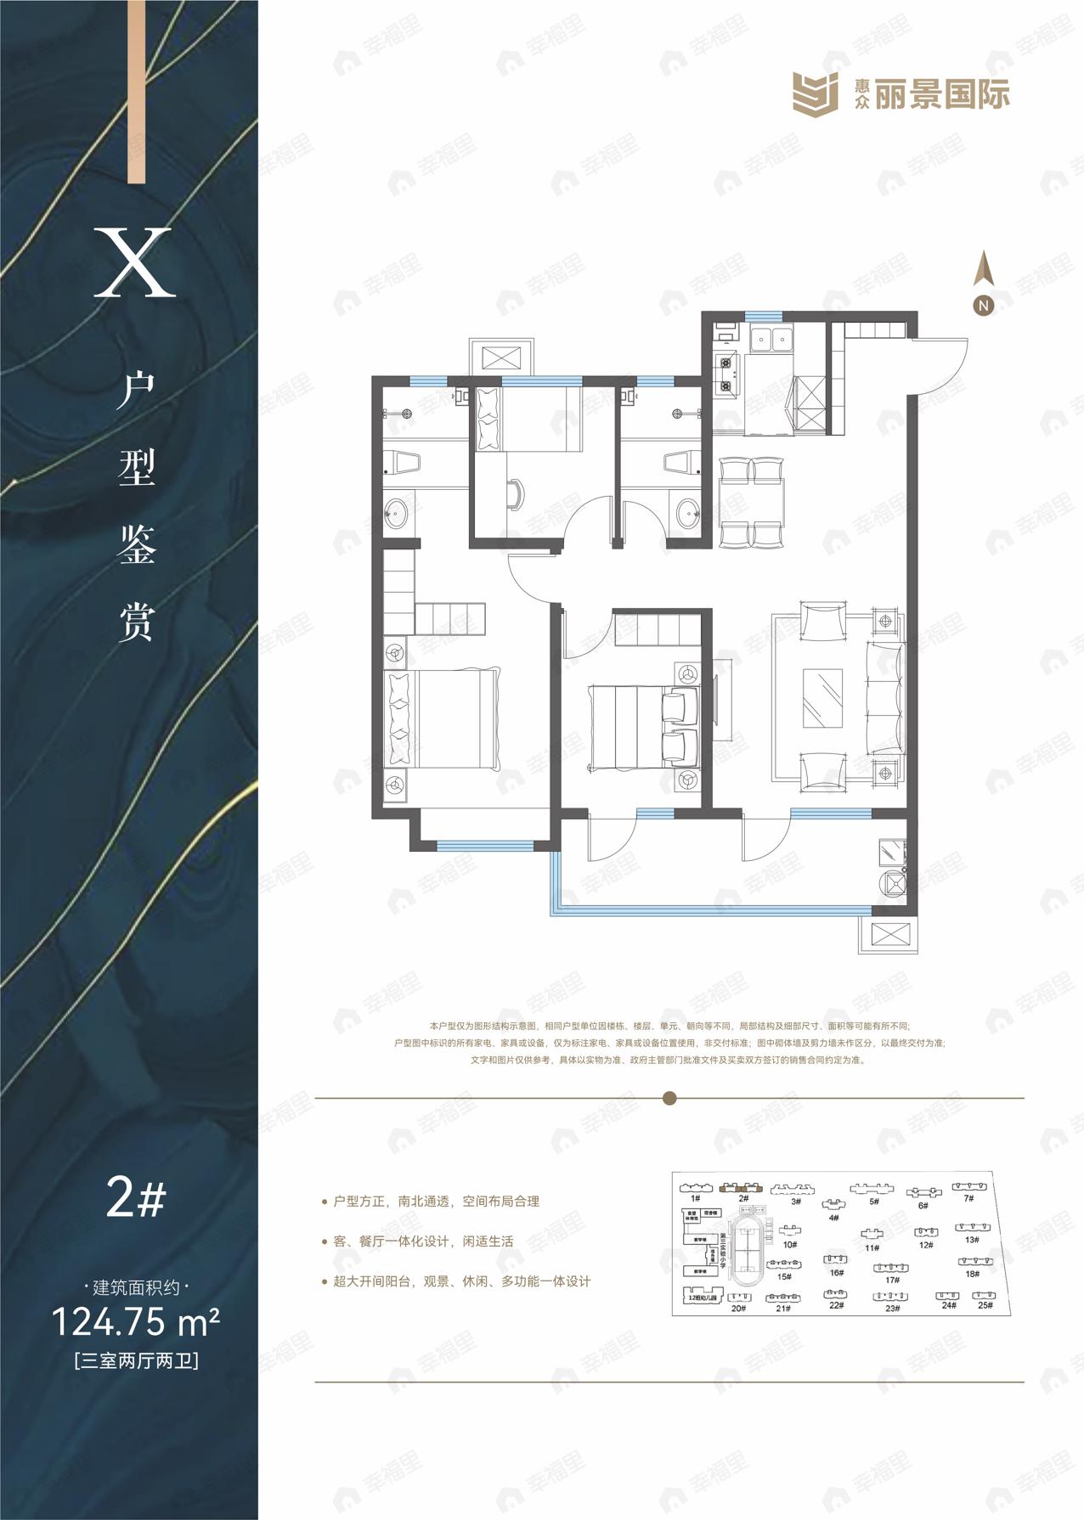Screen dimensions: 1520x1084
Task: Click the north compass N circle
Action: (x=983, y=305)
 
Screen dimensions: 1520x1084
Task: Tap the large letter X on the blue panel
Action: (x=134, y=262)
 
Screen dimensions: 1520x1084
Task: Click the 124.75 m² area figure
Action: (x=136, y=1321)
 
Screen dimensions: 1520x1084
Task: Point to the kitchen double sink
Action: (x=769, y=340)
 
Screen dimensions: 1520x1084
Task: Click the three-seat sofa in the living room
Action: (x=884, y=697)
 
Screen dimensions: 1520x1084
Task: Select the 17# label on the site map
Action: (x=892, y=1280)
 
